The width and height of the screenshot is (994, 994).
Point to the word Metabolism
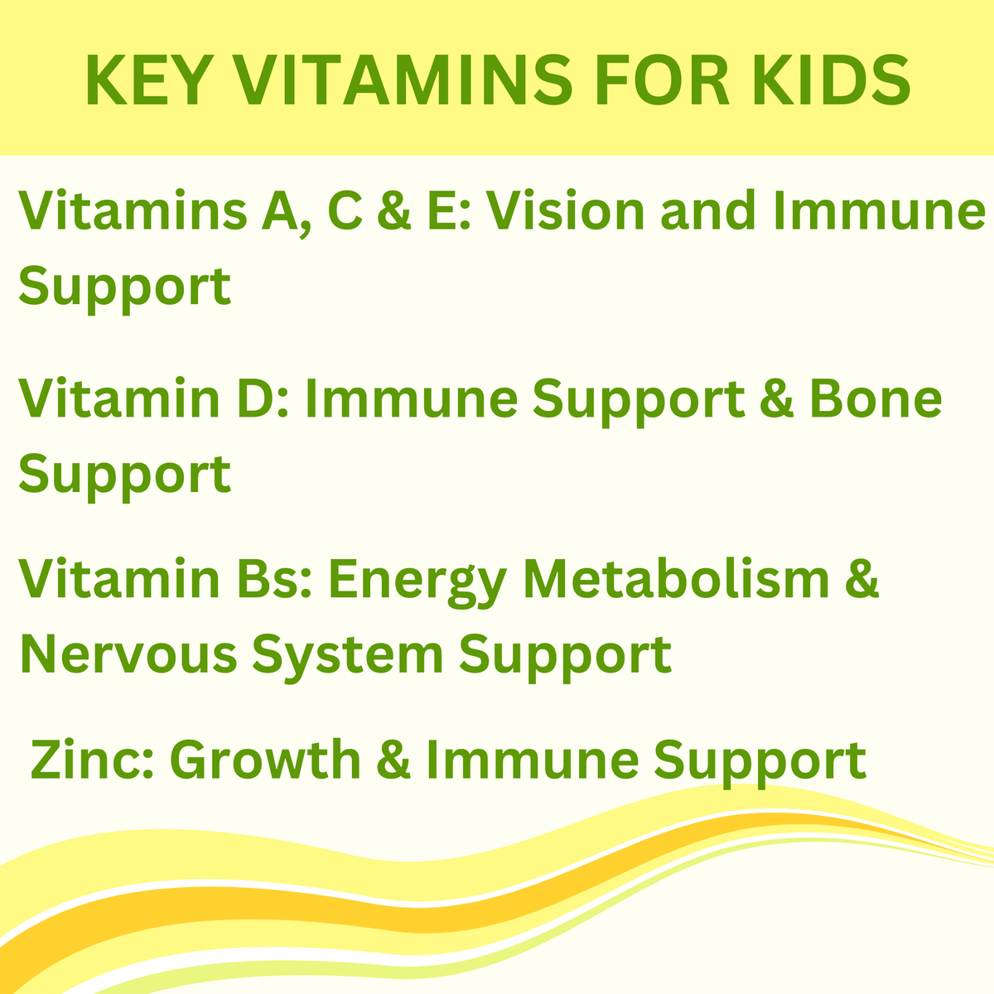click(676, 579)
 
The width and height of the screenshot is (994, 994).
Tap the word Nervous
click(128, 654)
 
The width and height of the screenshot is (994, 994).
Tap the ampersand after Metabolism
click(862, 579)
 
